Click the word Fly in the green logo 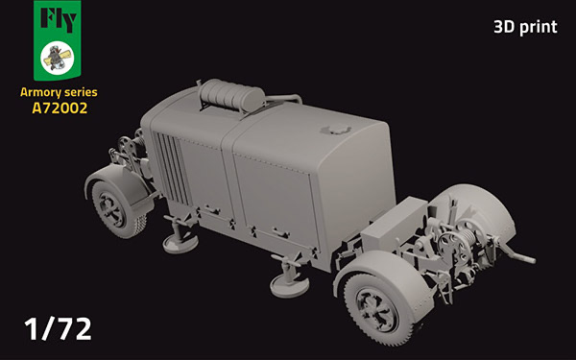click(59, 19)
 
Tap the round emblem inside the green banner click(58, 58)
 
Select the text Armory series click(59, 92)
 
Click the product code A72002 click(60, 108)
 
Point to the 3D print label click(525, 27)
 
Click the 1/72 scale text click(58, 328)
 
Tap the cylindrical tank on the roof click(232, 95)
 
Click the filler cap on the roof click(336, 129)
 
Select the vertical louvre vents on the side click(171, 167)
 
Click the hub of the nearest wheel click(376, 309)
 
